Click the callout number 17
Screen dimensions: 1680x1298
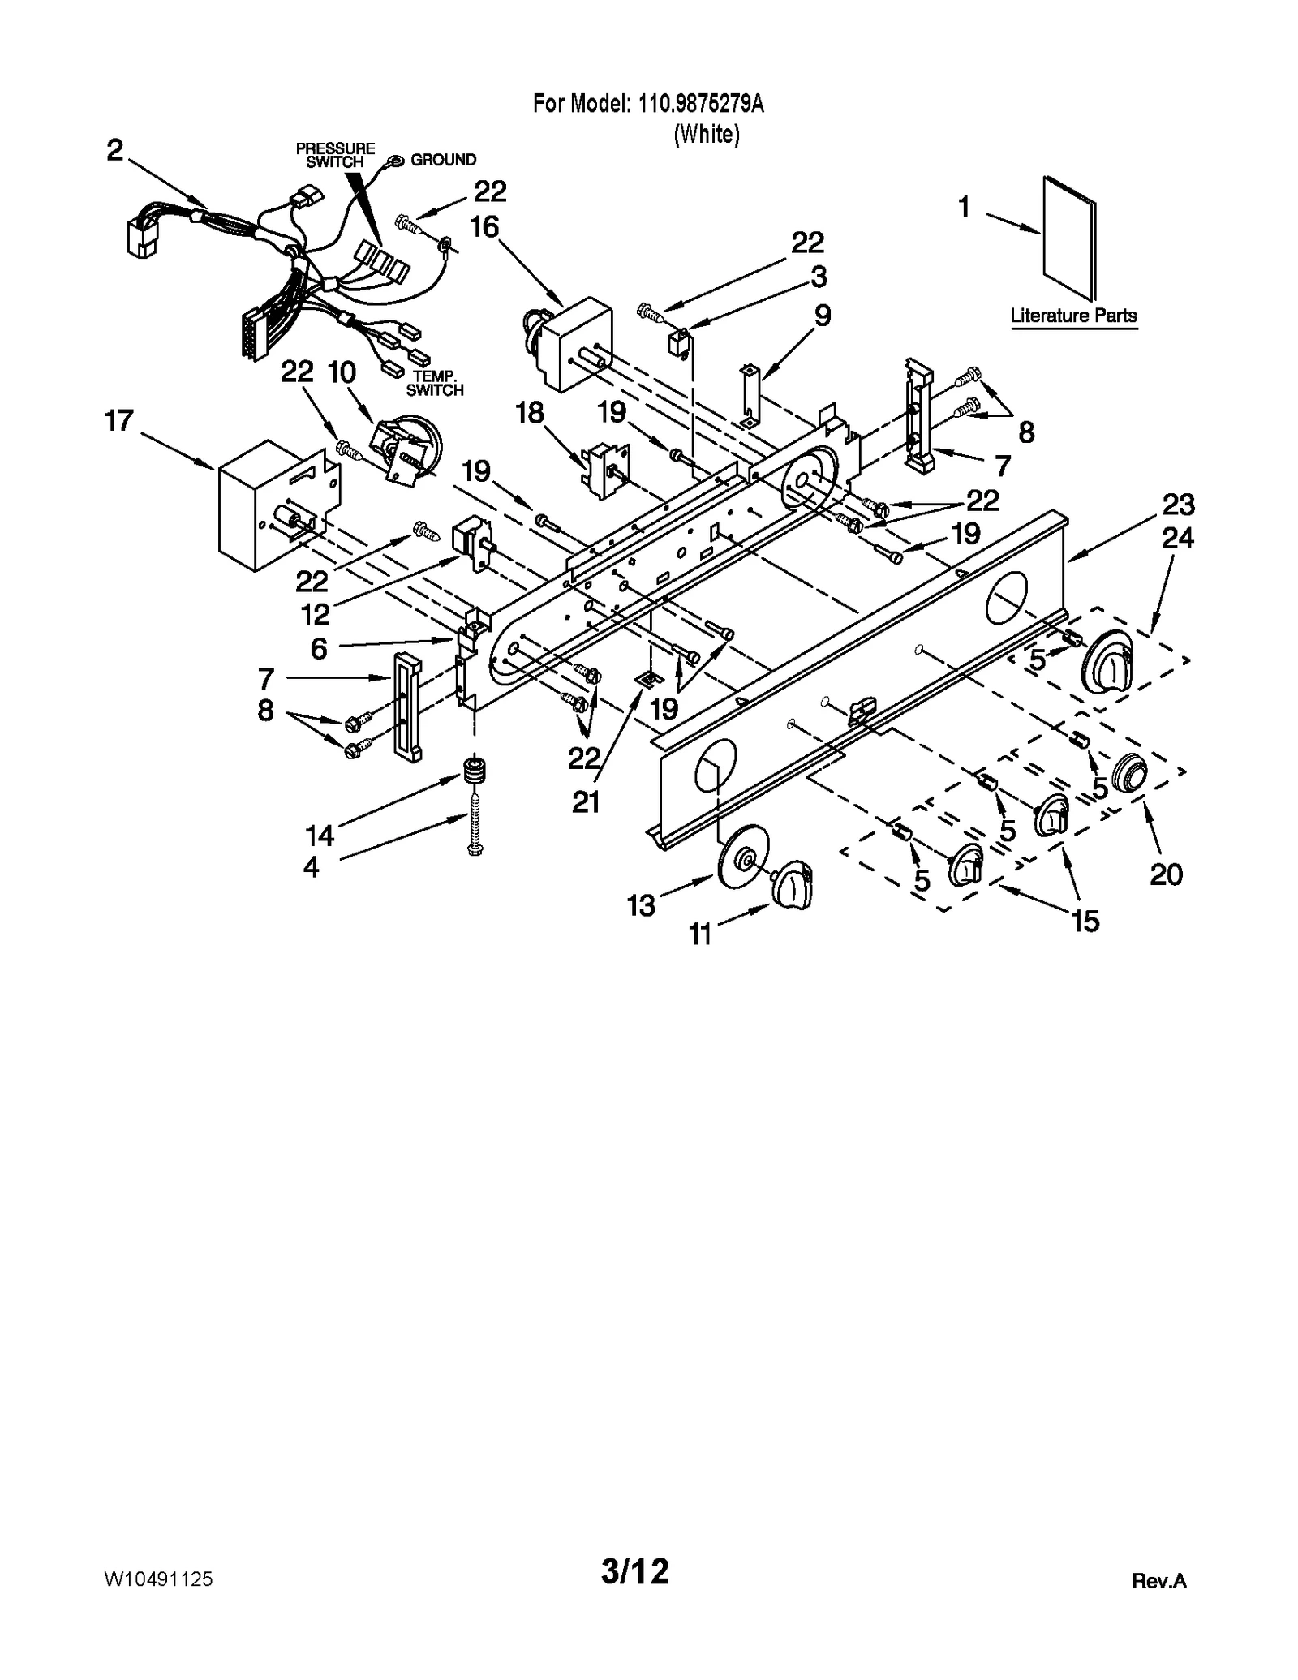(x=118, y=421)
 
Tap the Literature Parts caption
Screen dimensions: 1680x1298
(x=1072, y=316)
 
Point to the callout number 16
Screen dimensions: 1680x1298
(x=484, y=227)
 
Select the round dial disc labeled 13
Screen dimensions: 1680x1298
(x=744, y=856)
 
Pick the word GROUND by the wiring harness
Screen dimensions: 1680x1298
(x=443, y=160)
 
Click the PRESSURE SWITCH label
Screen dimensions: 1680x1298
(x=335, y=155)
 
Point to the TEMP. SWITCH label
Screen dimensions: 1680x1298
(x=435, y=383)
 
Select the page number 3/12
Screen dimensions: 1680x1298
(x=634, y=1571)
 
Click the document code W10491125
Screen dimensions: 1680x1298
(x=158, y=1579)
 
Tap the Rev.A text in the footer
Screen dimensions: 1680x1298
(x=1158, y=1580)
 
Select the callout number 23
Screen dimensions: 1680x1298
(x=1178, y=505)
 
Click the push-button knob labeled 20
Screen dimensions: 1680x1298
(x=1128, y=771)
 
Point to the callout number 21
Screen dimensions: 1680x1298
(x=586, y=801)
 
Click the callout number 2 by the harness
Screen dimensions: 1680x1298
(x=114, y=150)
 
